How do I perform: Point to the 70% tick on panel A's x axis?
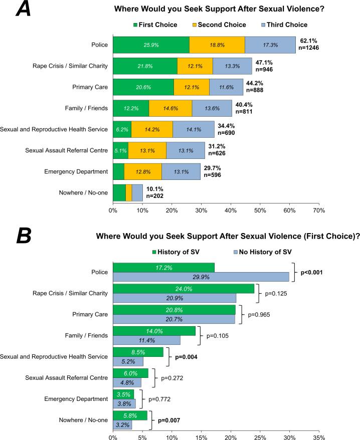click(x=319, y=210)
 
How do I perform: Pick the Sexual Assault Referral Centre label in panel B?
click(x=67, y=377)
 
